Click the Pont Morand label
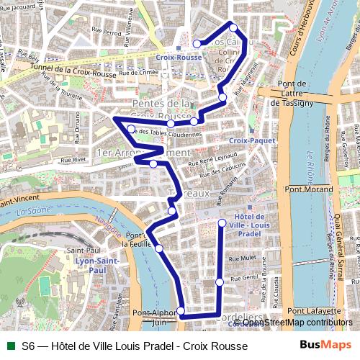click(309, 189)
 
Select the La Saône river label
click(31, 211)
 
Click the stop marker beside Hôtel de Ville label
click(222, 222)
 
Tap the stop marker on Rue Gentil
click(220, 282)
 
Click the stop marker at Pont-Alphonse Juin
click(181, 311)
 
